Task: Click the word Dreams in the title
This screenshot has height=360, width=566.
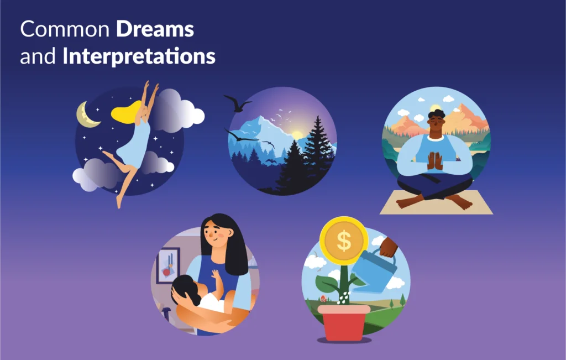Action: [155, 30]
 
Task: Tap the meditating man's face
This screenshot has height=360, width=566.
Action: [436, 124]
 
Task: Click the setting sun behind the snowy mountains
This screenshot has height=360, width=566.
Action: [297, 134]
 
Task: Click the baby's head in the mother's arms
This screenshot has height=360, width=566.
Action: [185, 290]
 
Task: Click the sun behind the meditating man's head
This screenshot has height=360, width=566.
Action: [436, 108]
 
